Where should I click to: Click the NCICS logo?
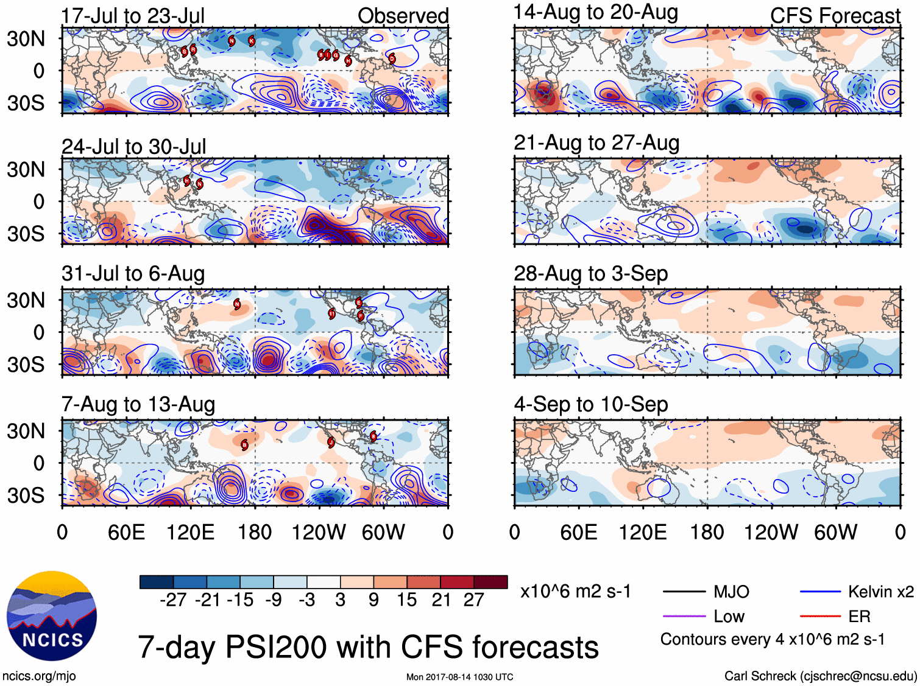tap(52, 615)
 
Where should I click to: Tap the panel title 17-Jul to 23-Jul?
tap(133, 16)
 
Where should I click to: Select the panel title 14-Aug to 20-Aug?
tap(595, 12)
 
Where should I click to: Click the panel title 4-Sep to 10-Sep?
tap(590, 404)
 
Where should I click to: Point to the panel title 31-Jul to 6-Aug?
tap(133, 274)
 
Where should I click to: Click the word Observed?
tap(403, 16)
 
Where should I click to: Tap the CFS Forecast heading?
tap(835, 16)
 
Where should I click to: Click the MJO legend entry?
tap(731, 592)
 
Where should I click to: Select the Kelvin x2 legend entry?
tap(880, 592)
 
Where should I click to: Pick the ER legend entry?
tap(859, 617)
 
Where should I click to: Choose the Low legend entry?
tap(729, 617)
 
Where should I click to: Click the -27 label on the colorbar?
tap(173, 600)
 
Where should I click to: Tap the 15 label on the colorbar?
tap(406, 600)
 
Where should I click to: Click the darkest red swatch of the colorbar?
tap(490, 582)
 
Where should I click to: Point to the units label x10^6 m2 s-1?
tap(575, 592)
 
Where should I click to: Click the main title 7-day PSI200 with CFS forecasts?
tap(368, 647)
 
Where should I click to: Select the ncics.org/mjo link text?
tap(39, 676)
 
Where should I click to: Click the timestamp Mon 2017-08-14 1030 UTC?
tap(459, 677)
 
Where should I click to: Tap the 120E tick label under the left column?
tap(190, 533)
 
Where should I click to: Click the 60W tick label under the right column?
tap(835, 533)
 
